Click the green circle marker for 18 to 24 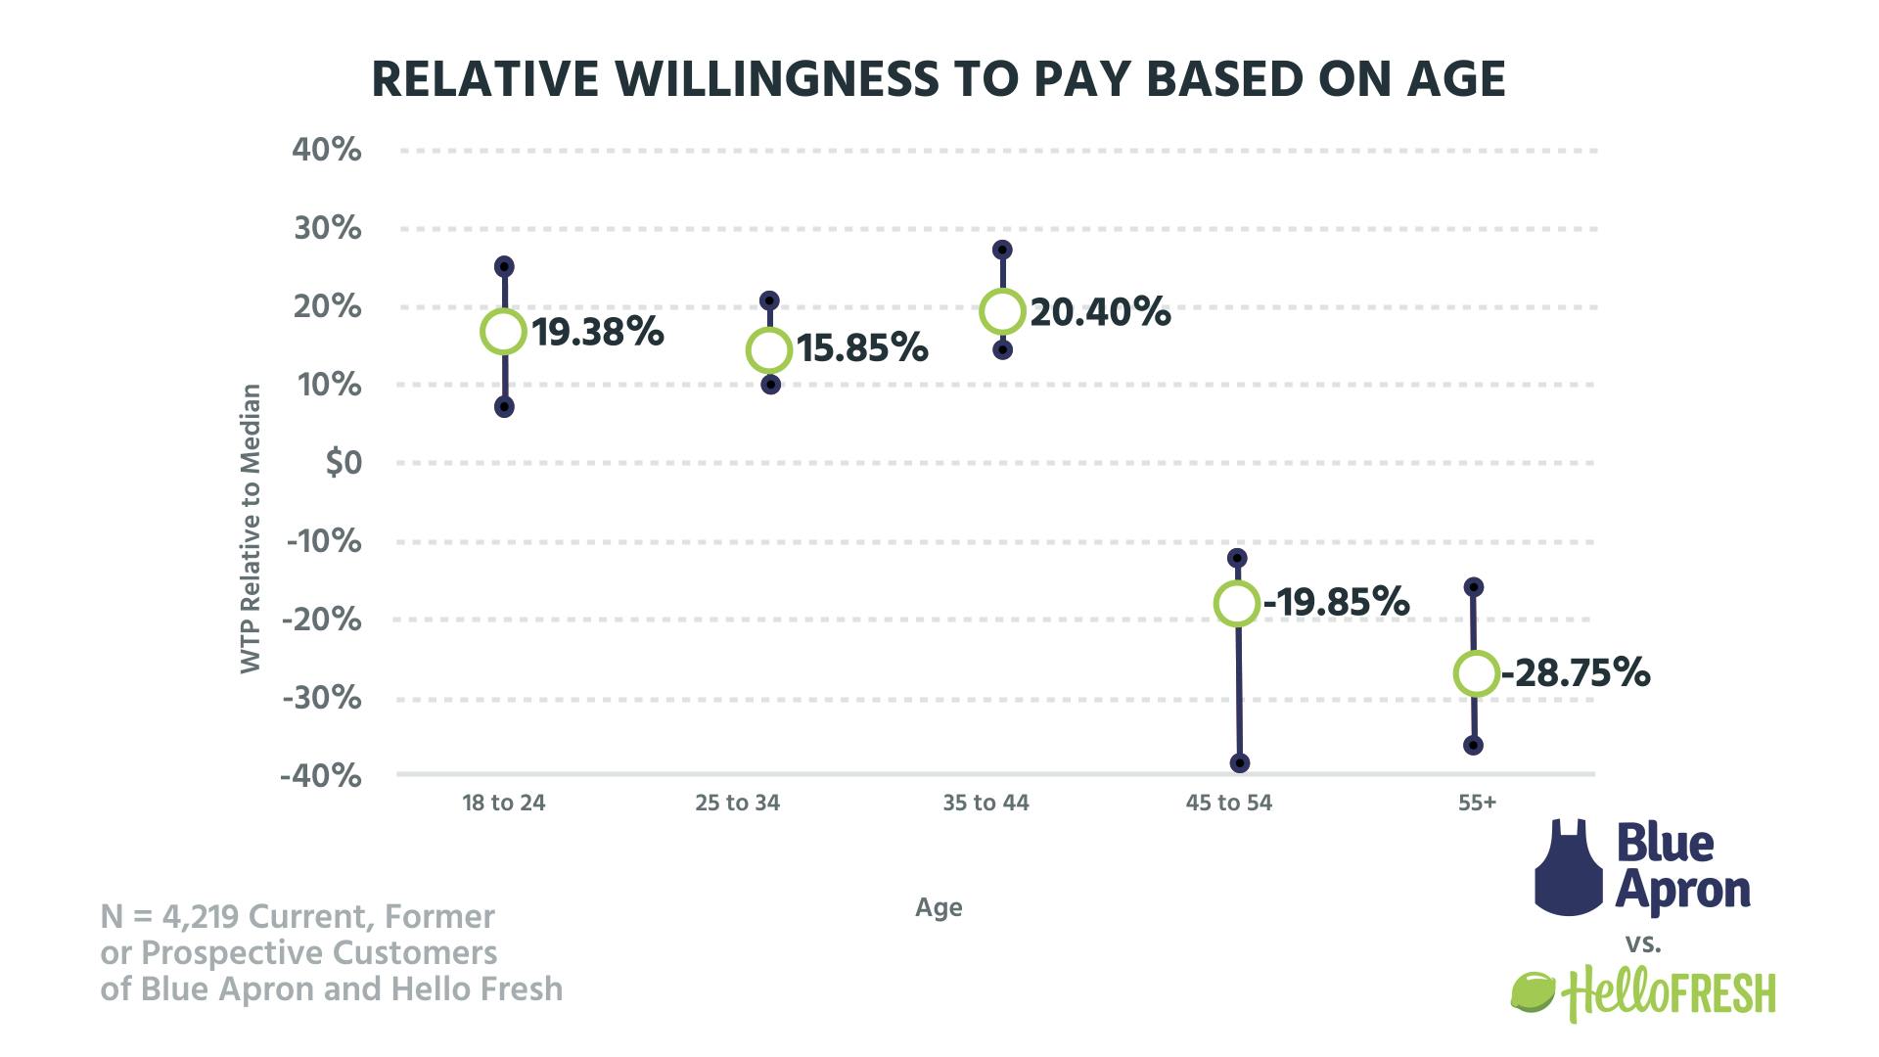pos(503,332)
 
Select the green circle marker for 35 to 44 pos(1002,311)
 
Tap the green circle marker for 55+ pos(1476,673)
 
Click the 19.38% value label pos(598,333)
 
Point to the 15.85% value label pos(862,348)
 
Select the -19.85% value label pos(1337,603)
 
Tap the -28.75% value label pos(1577,673)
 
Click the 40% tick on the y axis pos(327,151)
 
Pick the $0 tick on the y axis pos(344,463)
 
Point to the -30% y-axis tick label pos(322,698)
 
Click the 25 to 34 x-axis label pos(738,804)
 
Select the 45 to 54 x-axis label pos(1229,804)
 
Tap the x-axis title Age pos(939,907)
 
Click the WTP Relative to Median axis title pos(252,528)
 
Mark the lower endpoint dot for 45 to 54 pos(1239,763)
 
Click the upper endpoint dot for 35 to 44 pos(1002,251)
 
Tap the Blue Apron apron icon pos(1569,867)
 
